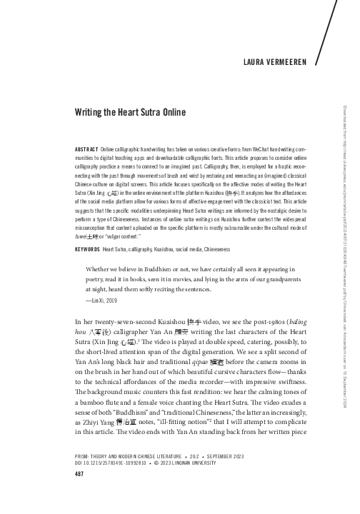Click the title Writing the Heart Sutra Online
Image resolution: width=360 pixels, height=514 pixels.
pyautogui.click(x=133, y=112)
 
